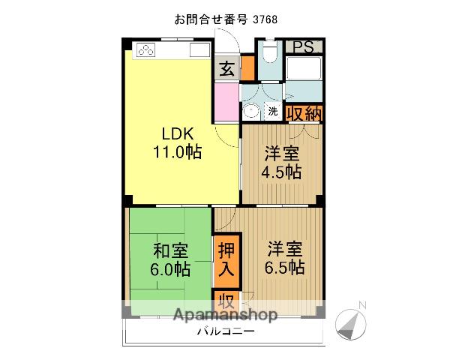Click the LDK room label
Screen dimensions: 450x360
coord(178,133)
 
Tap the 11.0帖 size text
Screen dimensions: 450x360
coord(178,151)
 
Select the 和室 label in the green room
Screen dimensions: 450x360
coord(171,250)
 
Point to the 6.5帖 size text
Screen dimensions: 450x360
coord(284,267)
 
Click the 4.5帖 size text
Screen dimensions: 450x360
coord(281,172)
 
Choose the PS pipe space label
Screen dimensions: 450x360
coord(303,47)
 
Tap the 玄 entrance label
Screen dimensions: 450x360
coord(226,69)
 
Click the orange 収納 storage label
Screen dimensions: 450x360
coord(304,114)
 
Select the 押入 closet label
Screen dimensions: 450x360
coord(226,259)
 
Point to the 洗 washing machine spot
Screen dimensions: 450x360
coord(273,111)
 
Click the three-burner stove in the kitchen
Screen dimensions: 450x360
coord(145,50)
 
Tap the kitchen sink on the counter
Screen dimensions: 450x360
coord(199,50)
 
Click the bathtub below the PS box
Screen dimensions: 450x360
coord(304,68)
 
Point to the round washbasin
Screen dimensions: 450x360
coord(250,112)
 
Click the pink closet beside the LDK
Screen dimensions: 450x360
coord(226,102)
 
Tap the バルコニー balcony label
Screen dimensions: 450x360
coord(226,331)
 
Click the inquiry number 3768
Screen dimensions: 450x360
coord(265,19)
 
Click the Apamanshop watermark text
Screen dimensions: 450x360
coord(225,315)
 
